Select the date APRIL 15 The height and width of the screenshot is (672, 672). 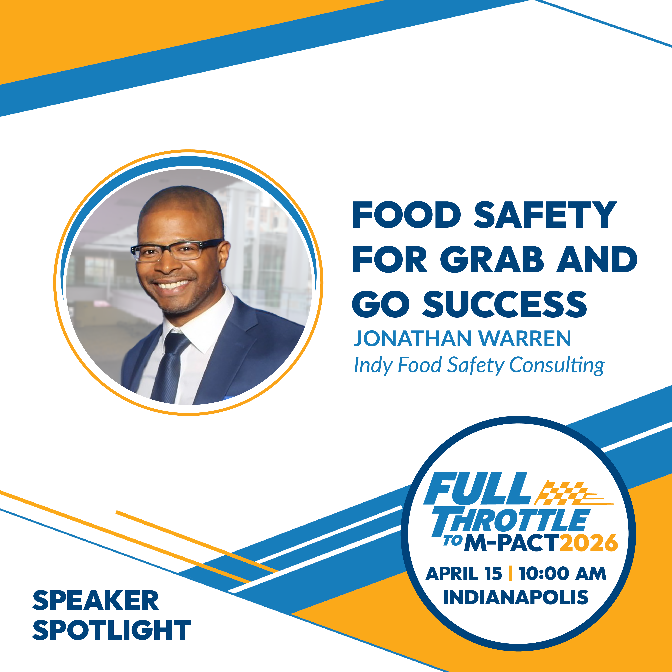tap(464, 574)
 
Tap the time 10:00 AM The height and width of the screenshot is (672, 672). tap(562, 574)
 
